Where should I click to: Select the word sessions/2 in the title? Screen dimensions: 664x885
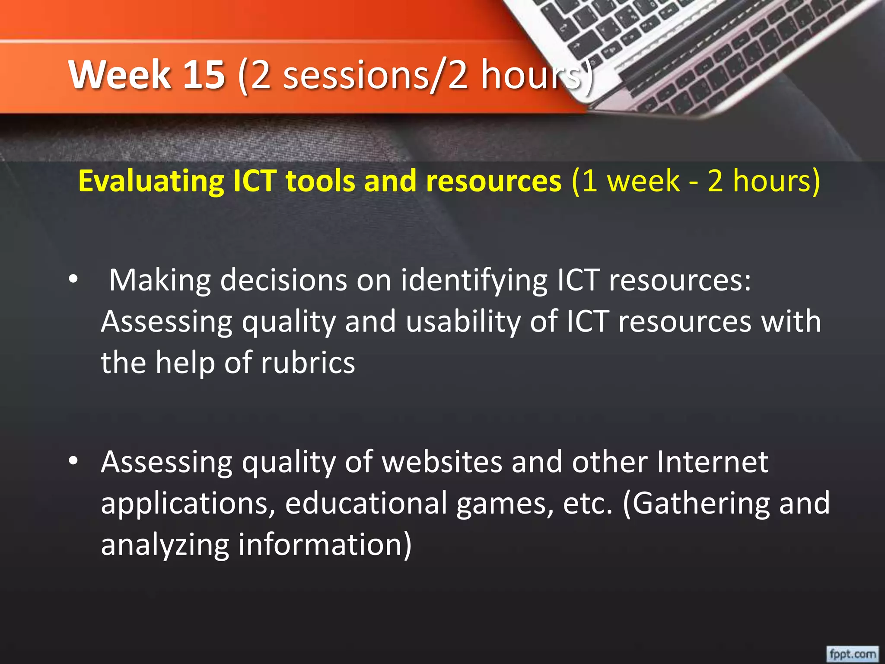375,75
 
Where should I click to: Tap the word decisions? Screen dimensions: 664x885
283,280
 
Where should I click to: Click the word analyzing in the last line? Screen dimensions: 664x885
165,545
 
